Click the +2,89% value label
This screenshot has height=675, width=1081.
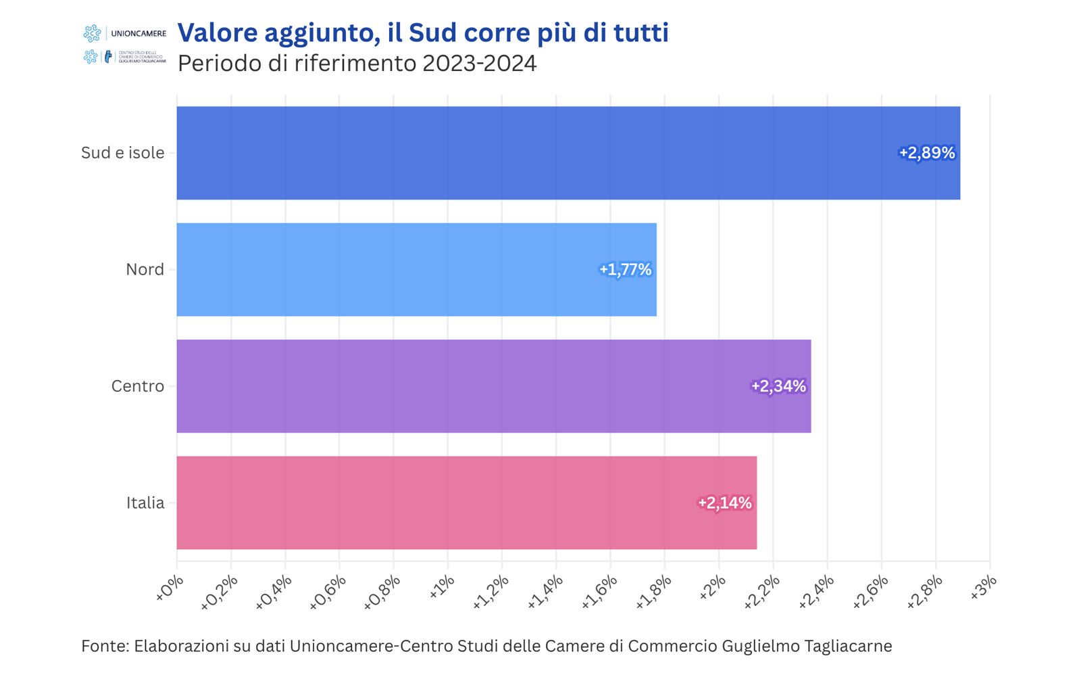927,153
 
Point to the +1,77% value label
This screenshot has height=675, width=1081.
625,269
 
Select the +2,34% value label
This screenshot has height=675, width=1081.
778,386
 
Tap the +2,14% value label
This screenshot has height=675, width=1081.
724,503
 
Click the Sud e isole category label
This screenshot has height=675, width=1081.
122,153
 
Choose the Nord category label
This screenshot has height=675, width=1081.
145,269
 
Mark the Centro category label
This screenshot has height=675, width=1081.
138,386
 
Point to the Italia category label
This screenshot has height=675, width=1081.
145,503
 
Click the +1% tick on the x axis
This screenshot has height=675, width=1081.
442,586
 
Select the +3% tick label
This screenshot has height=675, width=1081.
984,586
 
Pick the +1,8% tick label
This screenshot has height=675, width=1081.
653,590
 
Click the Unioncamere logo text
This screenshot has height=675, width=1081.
138,33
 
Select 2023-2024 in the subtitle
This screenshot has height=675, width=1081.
479,64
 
